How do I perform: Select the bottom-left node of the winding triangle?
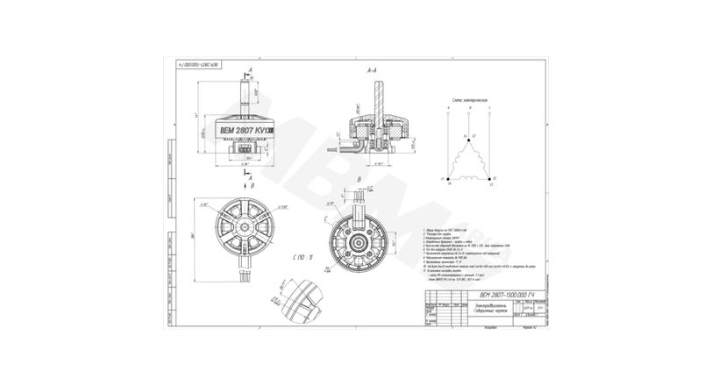pos(449,178)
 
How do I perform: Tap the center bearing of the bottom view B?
pos(361,239)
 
